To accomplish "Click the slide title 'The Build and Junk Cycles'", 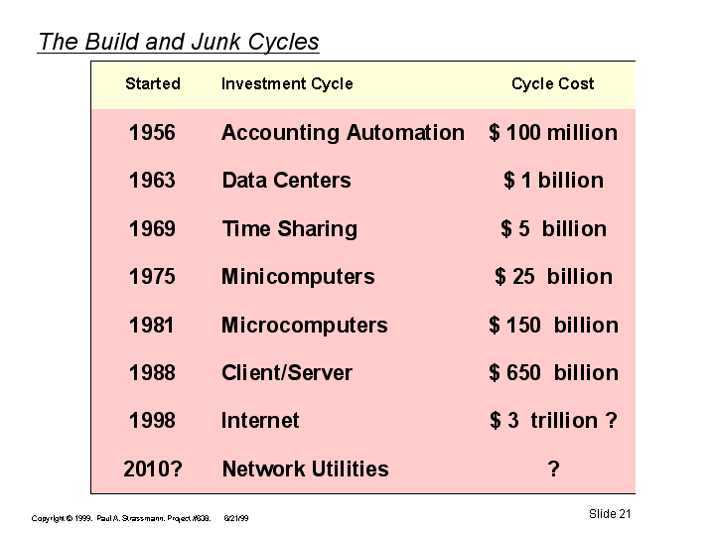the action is pyautogui.click(x=179, y=42).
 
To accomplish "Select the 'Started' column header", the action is pyautogui.click(x=153, y=83).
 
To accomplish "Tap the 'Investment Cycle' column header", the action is pyautogui.click(x=287, y=84).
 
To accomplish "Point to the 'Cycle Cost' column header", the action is pyautogui.click(x=553, y=84).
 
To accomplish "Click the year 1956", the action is pyautogui.click(x=152, y=133).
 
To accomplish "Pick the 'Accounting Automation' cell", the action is pyautogui.click(x=343, y=133).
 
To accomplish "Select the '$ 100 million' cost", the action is pyautogui.click(x=553, y=133).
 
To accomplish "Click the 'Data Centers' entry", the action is pyautogui.click(x=286, y=181).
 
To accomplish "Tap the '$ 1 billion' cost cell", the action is pyautogui.click(x=554, y=181).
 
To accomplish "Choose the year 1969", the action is pyautogui.click(x=152, y=228).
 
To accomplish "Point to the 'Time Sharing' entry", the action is pyautogui.click(x=290, y=229).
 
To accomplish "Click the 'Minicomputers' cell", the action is pyautogui.click(x=298, y=277).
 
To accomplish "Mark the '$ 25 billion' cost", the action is pyautogui.click(x=554, y=277).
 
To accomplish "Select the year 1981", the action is pyautogui.click(x=152, y=326).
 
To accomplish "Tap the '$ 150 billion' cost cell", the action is pyautogui.click(x=554, y=326).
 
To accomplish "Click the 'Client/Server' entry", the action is pyautogui.click(x=287, y=373).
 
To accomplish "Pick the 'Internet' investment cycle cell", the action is pyautogui.click(x=260, y=420).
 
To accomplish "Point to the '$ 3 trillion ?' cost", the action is pyautogui.click(x=554, y=420).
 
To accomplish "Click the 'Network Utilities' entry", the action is pyautogui.click(x=305, y=468).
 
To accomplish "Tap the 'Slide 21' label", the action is pyautogui.click(x=610, y=514).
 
